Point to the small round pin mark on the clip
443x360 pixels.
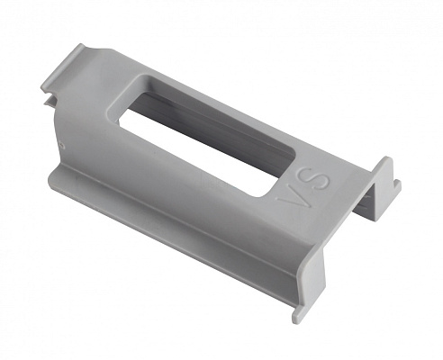click(62, 145)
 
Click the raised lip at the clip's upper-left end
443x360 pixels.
click(64, 65)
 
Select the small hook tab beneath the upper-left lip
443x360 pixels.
click(50, 101)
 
